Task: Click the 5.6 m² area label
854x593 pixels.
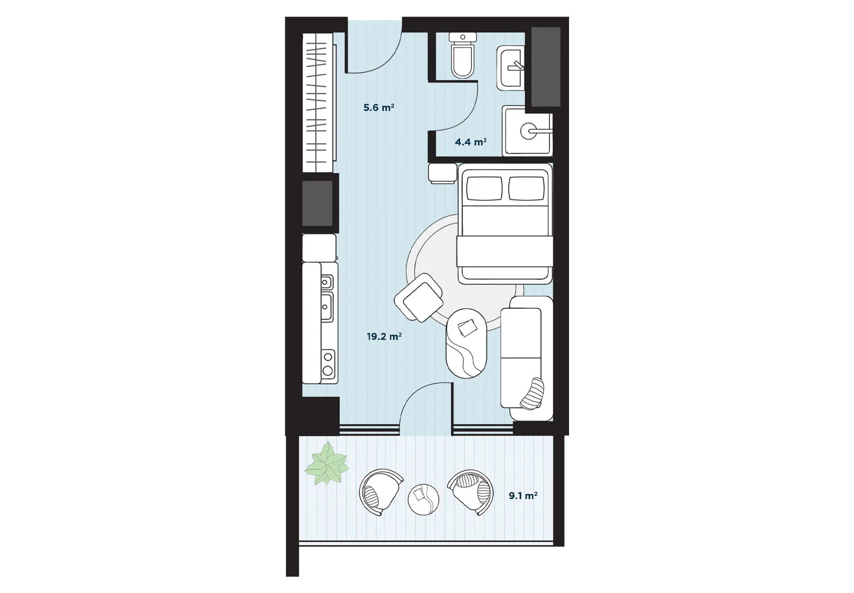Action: [x=378, y=107]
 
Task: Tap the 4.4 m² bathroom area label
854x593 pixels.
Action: [x=471, y=142]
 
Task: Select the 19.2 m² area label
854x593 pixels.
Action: [x=384, y=336]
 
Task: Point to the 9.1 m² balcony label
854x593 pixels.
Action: [x=523, y=495]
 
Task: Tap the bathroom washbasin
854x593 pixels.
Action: [x=511, y=68]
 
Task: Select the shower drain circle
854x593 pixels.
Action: [x=528, y=131]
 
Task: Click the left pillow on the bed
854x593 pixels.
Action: [x=484, y=188]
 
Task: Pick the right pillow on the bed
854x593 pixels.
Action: [x=526, y=188]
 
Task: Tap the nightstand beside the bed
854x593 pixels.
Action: [x=443, y=174]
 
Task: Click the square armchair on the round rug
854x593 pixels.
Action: [x=419, y=298]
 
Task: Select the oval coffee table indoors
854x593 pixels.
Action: [x=467, y=343]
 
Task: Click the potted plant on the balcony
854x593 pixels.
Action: [x=327, y=464]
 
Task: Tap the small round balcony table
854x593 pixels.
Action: [x=423, y=499]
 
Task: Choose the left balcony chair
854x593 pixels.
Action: [x=380, y=492]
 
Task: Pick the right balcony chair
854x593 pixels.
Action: [x=471, y=492]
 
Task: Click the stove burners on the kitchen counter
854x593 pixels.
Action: [x=328, y=364]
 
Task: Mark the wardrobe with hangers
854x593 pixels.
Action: [x=319, y=103]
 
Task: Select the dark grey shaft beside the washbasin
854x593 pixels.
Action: [x=546, y=67]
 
